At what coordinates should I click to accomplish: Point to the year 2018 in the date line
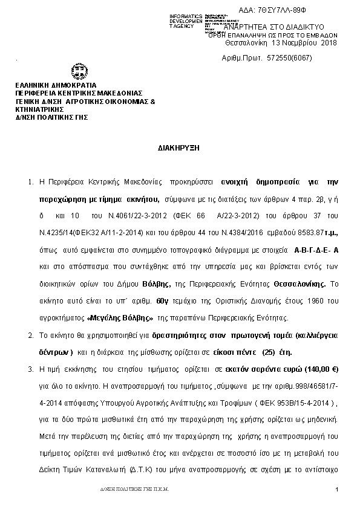329,43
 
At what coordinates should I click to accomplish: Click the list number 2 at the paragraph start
31,334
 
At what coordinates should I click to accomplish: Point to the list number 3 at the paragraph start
31,368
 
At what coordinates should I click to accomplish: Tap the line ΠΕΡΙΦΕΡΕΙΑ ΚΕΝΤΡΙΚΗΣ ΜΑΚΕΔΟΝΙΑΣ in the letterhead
79,93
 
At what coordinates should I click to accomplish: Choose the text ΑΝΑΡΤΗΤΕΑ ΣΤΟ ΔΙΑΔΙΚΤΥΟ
275,27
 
